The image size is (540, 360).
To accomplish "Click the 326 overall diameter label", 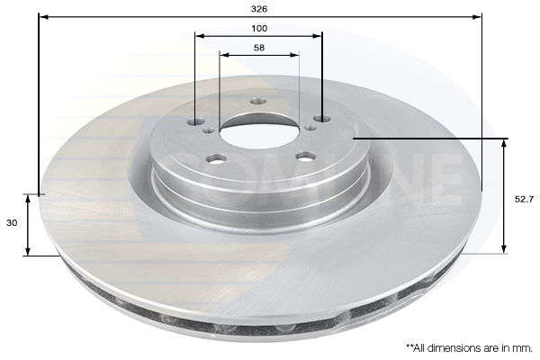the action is click(x=259, y=9).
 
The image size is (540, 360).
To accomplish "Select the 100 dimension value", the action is click(x=259, y=28).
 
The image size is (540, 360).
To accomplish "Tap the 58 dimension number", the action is click(x=259, y=48).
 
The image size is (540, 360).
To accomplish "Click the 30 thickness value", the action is click(x=12, y=223).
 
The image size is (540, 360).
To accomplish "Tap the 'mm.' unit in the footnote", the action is click(x=525, y=348).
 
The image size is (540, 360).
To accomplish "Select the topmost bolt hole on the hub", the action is click(x=258, y=102).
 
